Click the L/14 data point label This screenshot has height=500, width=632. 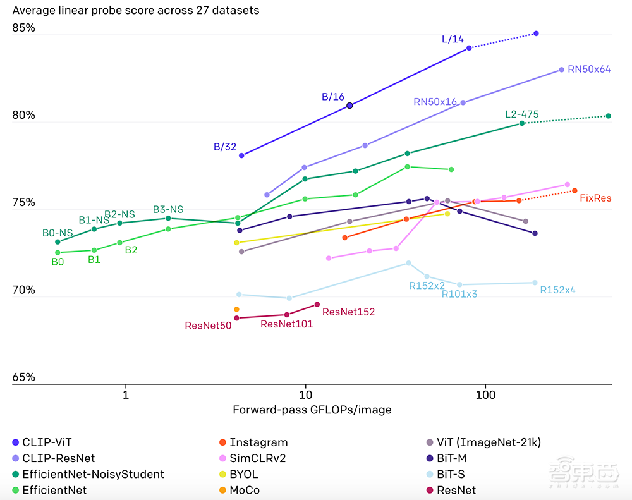pyautogui.click(x=453, y=39)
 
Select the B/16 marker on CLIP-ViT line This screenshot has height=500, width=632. pyautogui.click(x=349, y=106)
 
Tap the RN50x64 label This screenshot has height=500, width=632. pyautogui.click(x=589, y=70)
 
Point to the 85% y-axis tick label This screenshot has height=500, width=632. pyautogui.click(x=24, y=28)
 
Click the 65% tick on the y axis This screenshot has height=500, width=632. pyautogui.click(x=24, y=377)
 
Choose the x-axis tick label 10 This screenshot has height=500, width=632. pyautogui.click(x=305, y=396)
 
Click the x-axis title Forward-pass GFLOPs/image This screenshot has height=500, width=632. pyautogui.click(x=312, y=410)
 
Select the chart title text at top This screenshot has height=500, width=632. pyautogui.click(x=136, y=11)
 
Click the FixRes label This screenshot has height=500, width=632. pyautogui.click(x=595, y=198)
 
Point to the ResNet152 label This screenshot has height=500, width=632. pyautogui.click(x=348, y=312)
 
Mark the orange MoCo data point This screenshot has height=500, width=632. pyautogui.click(x=236, y=309)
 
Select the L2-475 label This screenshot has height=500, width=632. pyautogui.click(x=521, y=114)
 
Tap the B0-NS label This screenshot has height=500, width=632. pyautogui.click(x=58, y=233)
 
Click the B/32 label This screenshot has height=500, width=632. pyautogui.click(x=225, y=147)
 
